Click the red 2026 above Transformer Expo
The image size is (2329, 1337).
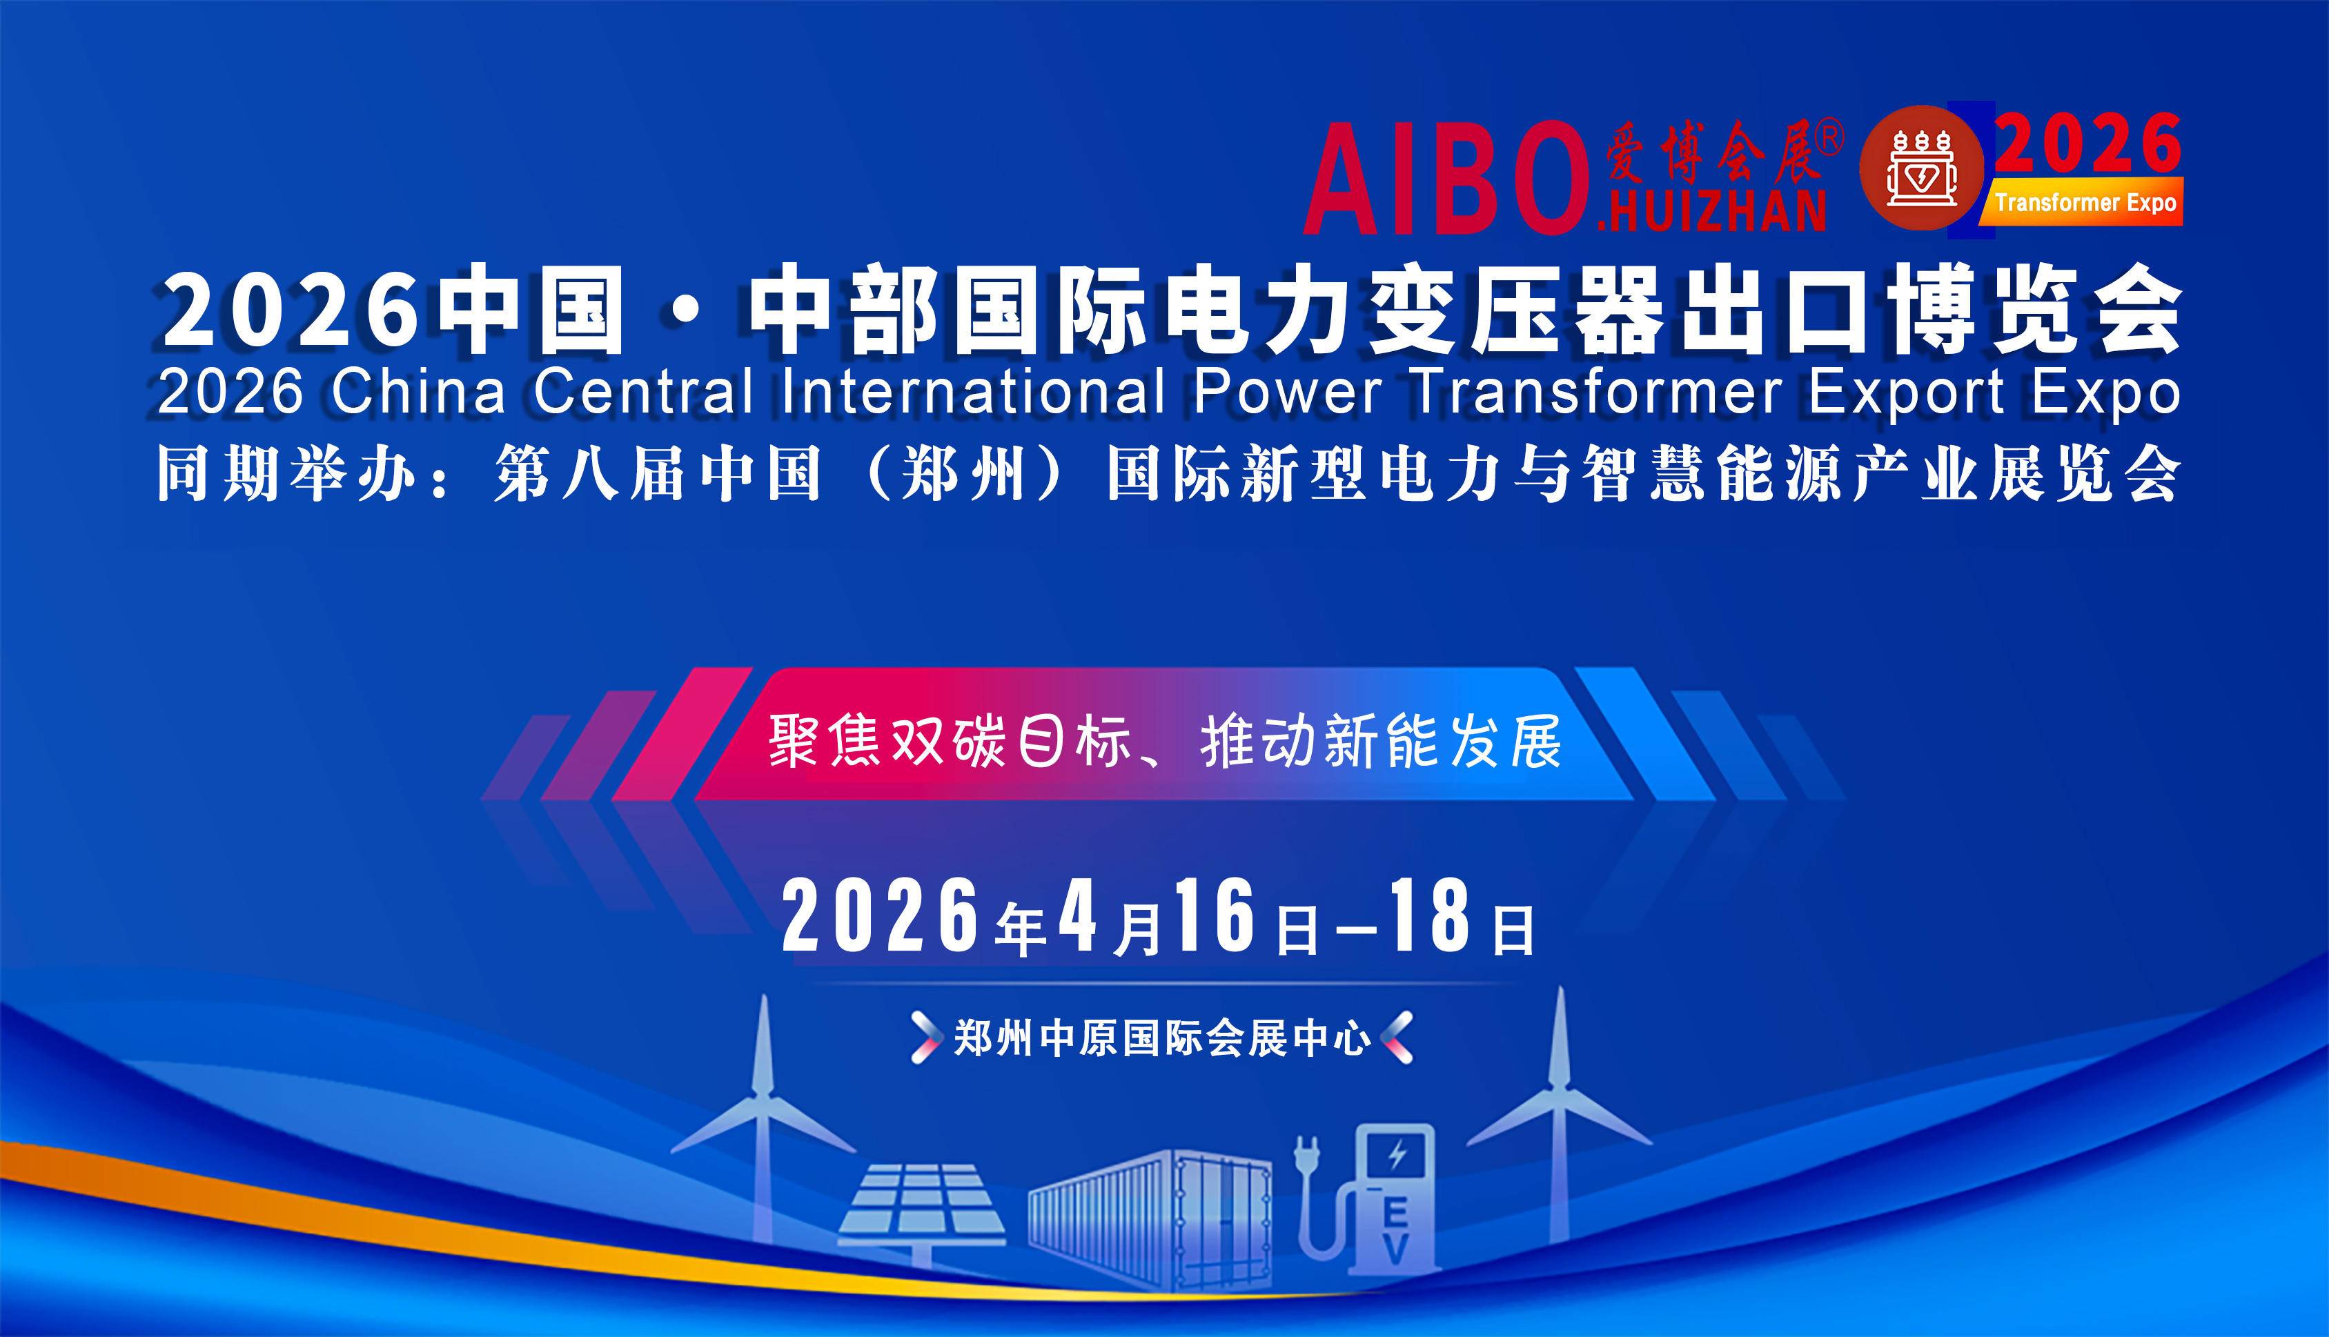click(x=2087, y=143)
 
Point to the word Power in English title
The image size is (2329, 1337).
click(x=1288, y=392)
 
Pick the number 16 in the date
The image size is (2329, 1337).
click(x=1215, y=915)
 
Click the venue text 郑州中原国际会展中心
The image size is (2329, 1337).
click(x=1162, y=1038)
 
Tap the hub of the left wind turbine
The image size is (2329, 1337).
click(x=761, y=1096)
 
